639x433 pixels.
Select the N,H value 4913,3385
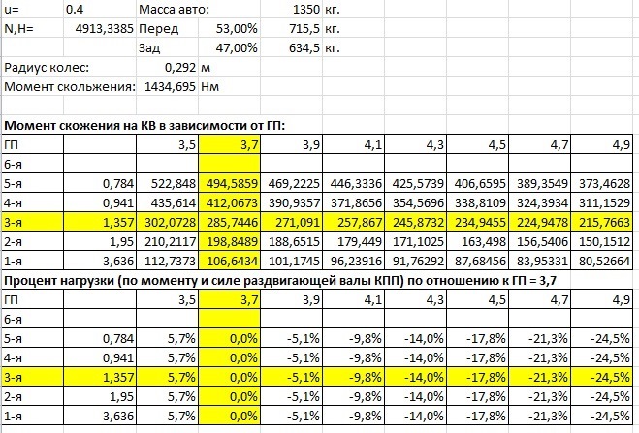[x=97, y=29]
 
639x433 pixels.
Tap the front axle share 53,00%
[x=236, y=29]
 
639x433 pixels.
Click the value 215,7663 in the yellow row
[x=607, y=222]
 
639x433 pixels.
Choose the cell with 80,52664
[x=607, y=260]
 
